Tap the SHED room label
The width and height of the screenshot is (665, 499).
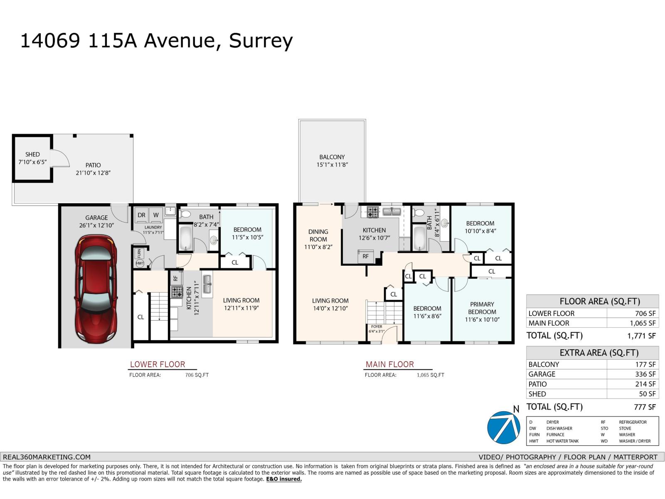pyautogui.click(x=32, y=154)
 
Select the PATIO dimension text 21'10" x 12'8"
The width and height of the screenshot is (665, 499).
pyautogui.click(x=93, y=173)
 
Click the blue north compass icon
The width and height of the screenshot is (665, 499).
pyautogui.click(x=503, y=427)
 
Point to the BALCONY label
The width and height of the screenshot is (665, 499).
pyautogui.click(x=332, y=157)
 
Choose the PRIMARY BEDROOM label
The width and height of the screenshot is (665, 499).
pyautogui.click(x=482, y=308)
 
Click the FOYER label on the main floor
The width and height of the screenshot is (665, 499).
pyautogui.click(x=377, y=326)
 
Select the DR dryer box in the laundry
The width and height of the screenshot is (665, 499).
pyautogui.click(x=141, y=215)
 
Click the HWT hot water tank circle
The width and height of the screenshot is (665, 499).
pyautogui.click(x=140, y=263)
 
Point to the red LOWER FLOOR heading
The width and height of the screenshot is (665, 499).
pyautogui.click(x=158, y=364)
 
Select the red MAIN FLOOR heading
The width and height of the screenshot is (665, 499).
pyautogui.click(x=389, y=364)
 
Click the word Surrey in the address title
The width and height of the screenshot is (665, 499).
pyautogui.click(x=261, y=41)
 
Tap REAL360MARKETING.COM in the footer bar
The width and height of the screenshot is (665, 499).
pyautogui.click(x=47, y=457)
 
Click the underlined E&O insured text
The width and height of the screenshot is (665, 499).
pyautogui.click(x=284, y=479)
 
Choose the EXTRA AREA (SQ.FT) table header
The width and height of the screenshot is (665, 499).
pyautogui.click(x=599, y=353)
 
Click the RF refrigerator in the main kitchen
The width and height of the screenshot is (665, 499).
pyautogui.click(x=366, y=256)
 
